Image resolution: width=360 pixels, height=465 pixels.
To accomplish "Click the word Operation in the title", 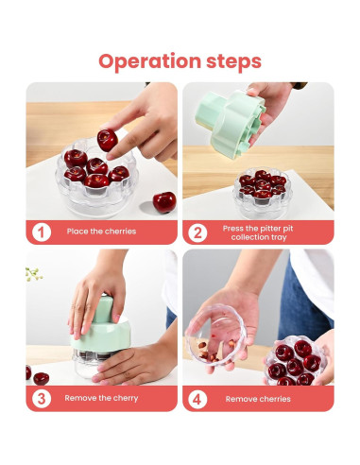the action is [x=149, y=61].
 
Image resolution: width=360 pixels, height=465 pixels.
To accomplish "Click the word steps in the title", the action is [x=233, y=61].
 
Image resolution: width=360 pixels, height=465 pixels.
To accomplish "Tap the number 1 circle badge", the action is [x=42, y=232].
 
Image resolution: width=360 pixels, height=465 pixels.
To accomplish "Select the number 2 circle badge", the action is [x=197, y=232].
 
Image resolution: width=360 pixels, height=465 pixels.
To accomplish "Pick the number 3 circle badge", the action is [x=42, y=399].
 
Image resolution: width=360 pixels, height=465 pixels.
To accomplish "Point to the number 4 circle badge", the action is [x=197, y=399].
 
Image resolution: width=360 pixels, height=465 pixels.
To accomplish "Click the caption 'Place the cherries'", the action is [x=101, y=232].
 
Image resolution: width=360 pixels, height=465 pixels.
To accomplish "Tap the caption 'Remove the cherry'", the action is [x=101, y=398].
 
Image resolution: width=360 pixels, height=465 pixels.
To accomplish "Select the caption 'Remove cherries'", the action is [x=258, y=399].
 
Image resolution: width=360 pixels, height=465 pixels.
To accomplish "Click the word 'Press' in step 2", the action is [x=232, y=229].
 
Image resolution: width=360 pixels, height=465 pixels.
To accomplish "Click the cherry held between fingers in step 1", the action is [x=107, y=140].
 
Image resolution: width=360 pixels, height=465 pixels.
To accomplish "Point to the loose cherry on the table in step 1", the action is [x=164, y=202].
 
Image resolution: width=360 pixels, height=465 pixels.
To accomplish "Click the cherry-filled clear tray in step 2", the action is [x=261, y=193].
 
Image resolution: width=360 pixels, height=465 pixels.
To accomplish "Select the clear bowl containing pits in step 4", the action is [x=215, y=336].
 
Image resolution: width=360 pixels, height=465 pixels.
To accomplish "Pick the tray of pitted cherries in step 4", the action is [x=295, y=361].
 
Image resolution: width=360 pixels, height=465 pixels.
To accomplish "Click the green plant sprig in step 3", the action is [x=33, y=274].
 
